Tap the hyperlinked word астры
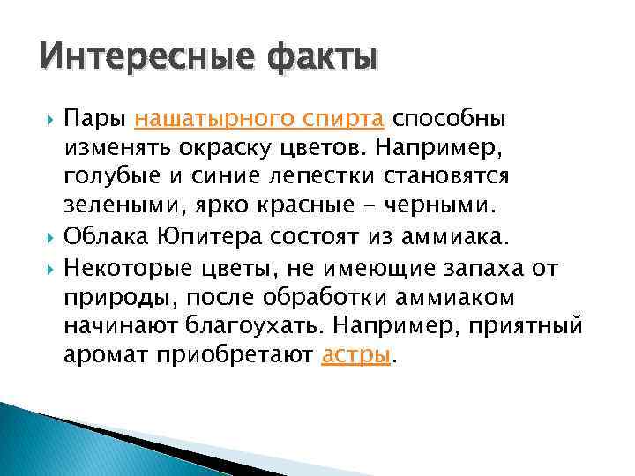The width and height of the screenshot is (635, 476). pyautogui.click(x=355, y=355)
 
